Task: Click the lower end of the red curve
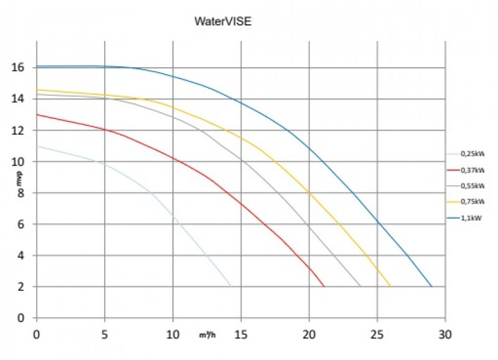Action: [x=324, y=287]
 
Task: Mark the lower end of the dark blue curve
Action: [x=431, y=287]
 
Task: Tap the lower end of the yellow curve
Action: [x=390, y=287]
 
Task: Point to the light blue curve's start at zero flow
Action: [x=37, y=146]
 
